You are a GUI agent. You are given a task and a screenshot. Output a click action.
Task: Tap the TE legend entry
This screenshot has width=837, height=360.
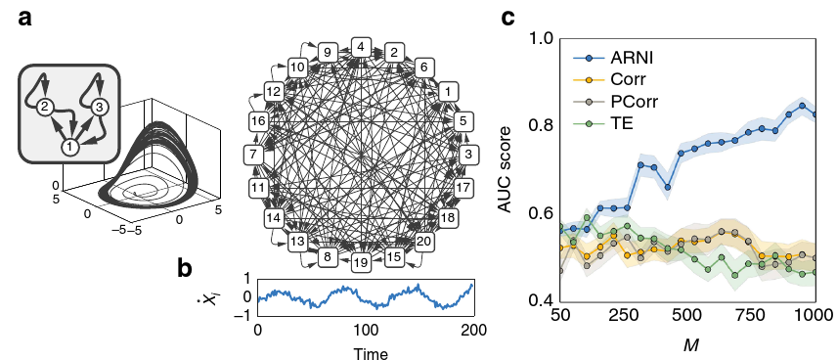[615, 121]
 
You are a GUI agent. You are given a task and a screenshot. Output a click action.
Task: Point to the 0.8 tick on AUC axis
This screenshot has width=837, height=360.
[543, 126]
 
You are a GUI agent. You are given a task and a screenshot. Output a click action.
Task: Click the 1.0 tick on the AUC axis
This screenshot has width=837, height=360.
[543, 39]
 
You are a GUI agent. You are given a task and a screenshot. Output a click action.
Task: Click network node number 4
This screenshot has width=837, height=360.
[361, 46]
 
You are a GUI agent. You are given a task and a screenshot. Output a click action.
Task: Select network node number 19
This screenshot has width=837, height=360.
[361, 262]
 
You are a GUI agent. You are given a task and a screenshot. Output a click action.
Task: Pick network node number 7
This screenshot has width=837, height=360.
[252, 155]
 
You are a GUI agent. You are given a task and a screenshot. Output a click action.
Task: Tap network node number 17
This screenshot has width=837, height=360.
[463, 186]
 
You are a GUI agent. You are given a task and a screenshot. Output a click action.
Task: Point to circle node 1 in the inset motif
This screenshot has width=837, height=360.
[69, 147]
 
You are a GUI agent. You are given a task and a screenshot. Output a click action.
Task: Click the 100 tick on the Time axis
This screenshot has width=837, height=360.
[364, 332]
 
